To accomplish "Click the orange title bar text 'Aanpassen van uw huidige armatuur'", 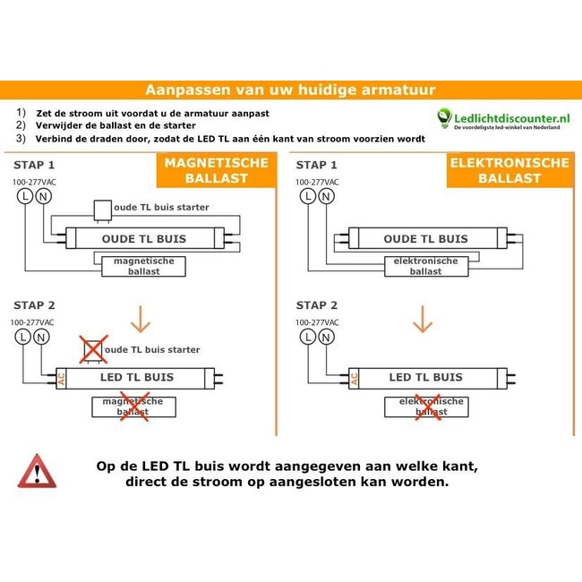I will tap(290, 90).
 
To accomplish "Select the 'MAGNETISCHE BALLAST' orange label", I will tap(216, 170).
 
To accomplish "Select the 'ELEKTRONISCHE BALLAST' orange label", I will tap(508, 170).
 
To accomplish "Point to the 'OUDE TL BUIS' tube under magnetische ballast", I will tap(144, 239).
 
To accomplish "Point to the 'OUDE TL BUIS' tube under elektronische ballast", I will tap(425, 239).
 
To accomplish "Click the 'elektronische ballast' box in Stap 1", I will tap(425, 266).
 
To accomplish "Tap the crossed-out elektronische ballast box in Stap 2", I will tap(425, 407).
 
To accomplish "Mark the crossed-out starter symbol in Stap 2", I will tap(92, 349).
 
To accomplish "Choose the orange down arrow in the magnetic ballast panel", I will tap(141, 320).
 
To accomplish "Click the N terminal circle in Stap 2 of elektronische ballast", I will tap(325, 336).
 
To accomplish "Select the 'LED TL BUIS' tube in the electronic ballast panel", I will tap(425, 378).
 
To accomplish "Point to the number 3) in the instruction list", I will tap(21, 139).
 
